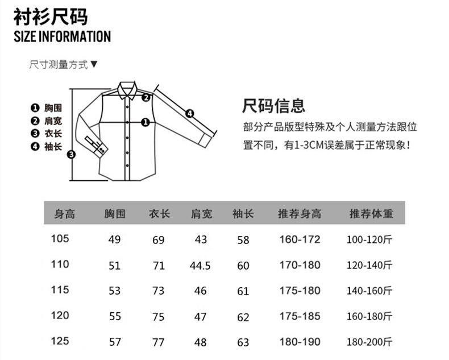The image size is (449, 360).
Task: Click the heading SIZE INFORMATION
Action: tap(62, 37)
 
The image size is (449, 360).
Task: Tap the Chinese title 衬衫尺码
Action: tap(51, 16)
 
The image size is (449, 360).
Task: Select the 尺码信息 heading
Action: tap(274, 106)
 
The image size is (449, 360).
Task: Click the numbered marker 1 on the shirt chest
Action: tap(145, 122)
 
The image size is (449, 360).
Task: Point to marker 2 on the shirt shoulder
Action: tap(145, 97)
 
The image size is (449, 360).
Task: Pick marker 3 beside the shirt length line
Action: tap(72, 154)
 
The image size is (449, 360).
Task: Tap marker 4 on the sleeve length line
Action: tap(190, 113)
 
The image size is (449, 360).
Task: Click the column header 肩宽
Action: tap(201, 214)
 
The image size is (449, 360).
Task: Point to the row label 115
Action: tap(60, 290)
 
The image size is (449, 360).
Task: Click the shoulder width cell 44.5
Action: tap(201, 265)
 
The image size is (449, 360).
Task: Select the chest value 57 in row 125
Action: tap(115, 342)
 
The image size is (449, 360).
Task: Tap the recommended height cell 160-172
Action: tap(300, 239)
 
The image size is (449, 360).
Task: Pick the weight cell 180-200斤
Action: tap(370, 342)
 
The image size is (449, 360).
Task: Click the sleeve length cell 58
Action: tap(243, 240)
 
